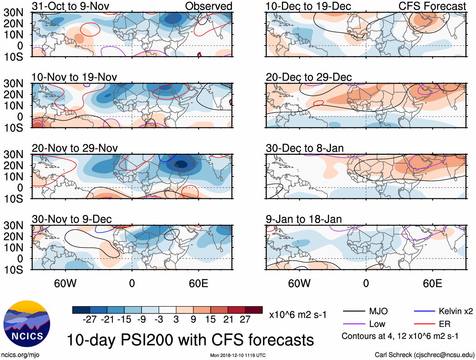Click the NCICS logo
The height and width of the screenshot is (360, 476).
tap(27, 324)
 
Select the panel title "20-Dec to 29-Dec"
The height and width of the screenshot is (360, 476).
tap(309, 77)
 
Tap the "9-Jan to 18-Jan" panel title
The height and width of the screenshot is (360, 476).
tap(304, 219)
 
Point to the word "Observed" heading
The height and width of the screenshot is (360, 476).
tap(208, 6)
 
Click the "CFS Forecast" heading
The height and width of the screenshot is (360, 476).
tap(432, 6)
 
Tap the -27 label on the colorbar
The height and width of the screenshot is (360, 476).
tap(90, 320)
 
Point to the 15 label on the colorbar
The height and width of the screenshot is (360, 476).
tap(210, 320)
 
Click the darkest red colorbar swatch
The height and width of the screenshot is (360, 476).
tap(254, 310)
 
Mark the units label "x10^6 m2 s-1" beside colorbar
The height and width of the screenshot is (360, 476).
tap(298, 315)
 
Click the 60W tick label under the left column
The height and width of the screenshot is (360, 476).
tap(65, 283)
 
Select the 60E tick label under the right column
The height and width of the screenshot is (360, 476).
tap(432, 283)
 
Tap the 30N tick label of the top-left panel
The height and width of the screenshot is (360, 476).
tap(13, 13)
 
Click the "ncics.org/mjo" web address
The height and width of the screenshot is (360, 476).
tap(20, 355)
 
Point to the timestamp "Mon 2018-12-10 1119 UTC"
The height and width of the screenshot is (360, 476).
tap(238, 356)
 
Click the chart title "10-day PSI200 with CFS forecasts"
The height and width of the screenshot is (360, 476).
tap(190, 340)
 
